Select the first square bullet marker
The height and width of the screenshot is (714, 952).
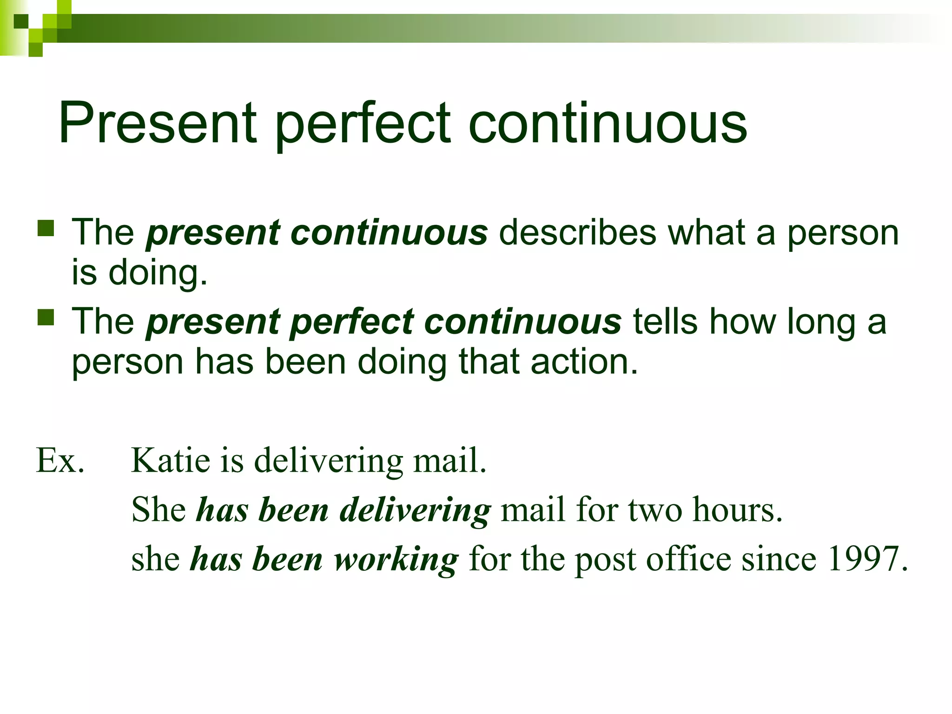[x=46, y=228]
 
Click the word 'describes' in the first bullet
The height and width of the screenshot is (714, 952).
[x=578, y=232]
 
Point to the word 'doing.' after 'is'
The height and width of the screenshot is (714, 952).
[x=158, y=273]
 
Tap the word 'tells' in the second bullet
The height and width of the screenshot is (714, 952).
[x=665, y=321]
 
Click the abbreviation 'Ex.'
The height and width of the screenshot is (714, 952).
[x=60, y=461]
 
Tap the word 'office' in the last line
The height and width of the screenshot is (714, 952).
[x=688, y=559]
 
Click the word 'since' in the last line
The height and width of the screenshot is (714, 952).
[x=779, y=559]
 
